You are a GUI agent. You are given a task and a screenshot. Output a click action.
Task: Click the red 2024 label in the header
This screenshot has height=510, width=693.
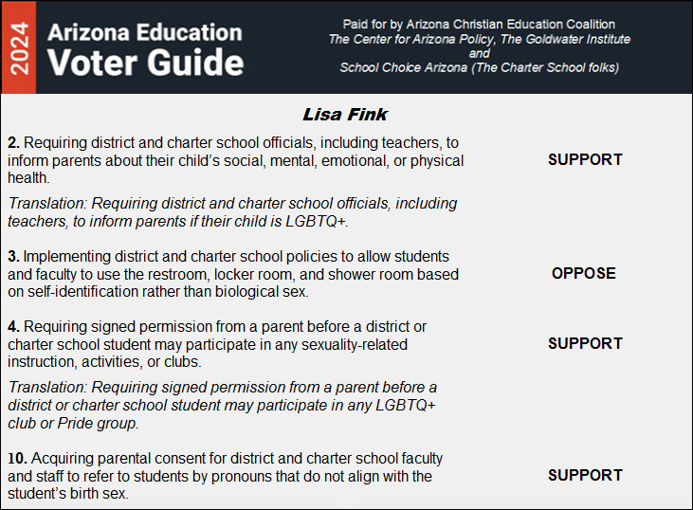[17, 47]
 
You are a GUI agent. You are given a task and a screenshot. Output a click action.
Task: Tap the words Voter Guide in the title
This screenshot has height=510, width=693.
[145, 64]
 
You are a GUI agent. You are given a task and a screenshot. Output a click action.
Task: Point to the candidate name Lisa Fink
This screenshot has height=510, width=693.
[345, 114]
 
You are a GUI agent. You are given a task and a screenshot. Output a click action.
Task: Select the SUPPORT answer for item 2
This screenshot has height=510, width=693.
[585, 159]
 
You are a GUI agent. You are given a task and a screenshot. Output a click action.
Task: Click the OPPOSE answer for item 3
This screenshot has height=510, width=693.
[584, 273]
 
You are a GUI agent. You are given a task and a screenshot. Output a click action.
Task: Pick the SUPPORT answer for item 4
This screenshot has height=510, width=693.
[585, 343]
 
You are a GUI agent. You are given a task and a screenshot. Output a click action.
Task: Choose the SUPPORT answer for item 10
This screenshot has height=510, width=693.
[585, 475]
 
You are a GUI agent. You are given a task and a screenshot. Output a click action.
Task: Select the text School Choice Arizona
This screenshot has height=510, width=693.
[402, 67]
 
